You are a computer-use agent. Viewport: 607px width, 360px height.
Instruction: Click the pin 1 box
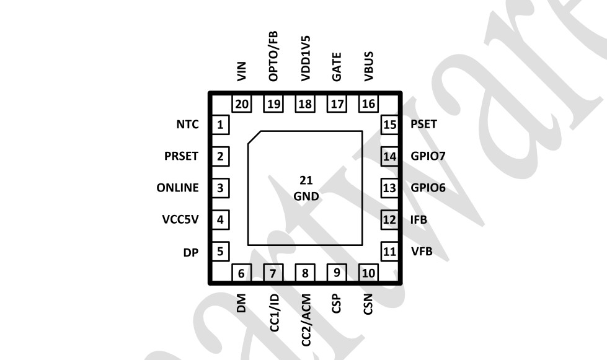click(x=220, y=125)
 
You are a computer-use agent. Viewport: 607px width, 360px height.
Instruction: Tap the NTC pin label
click(x=187, y=125)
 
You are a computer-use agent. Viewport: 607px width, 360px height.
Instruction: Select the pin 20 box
click(x=242, y=103)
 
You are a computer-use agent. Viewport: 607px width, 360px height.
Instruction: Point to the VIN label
click(x=242, y=72)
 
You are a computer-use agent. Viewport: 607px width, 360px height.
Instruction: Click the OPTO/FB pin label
click(x=273, y=58)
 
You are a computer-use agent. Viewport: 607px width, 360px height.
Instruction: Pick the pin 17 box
click(x=337, y=103)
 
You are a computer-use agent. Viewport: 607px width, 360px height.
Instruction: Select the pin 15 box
click(x=389, y=125)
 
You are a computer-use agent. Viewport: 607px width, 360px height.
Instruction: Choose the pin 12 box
click(x=389, y=219)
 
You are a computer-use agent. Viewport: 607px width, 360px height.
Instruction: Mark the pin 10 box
click(x=368, y=273)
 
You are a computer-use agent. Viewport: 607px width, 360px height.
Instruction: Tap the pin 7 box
click(x=273, y=273)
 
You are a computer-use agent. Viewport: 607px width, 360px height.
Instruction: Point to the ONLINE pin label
click(x=178, y=188)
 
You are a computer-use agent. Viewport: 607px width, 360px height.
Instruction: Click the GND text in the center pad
click(x=306, y=197)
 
